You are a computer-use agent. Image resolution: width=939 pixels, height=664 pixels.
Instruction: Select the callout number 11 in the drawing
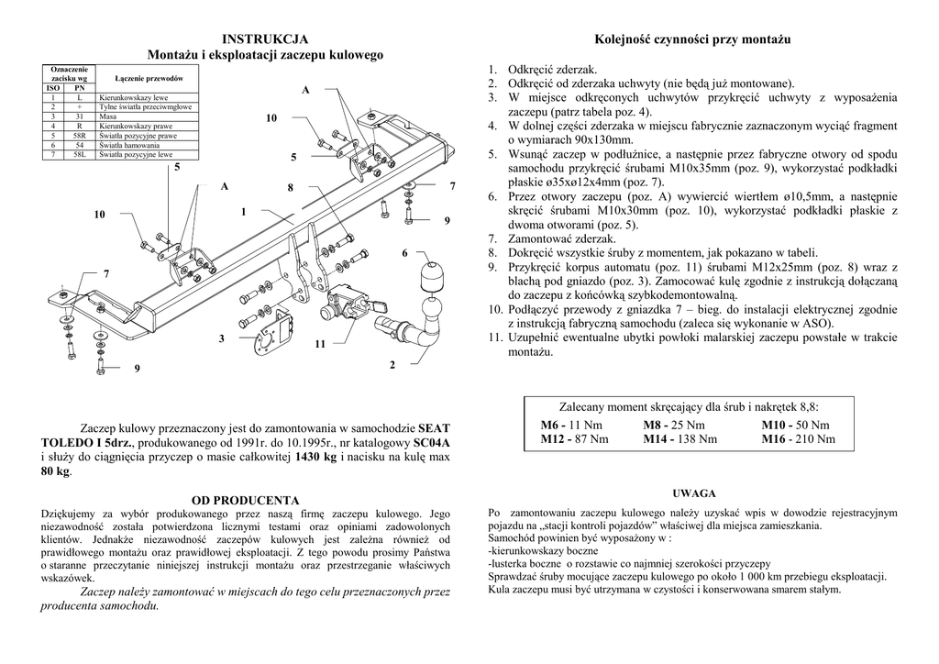click(x=319, y=344)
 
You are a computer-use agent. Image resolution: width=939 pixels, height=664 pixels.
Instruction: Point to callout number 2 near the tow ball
click(x=392, y=366)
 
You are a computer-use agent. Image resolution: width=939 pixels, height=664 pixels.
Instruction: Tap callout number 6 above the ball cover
click(x=403, y=252)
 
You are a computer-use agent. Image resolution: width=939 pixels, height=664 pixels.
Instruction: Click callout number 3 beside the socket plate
click(x=221, y=339)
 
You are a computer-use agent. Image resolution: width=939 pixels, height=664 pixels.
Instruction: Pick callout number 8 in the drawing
click(x=290, y=188)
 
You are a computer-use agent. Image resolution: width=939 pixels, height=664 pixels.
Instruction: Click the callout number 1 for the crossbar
click(x=244, y=212)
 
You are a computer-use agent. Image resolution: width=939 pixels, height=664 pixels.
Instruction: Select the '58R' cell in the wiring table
click(x=80, y=136)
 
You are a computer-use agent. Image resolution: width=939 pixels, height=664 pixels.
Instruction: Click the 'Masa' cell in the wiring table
click(x=106, y=116)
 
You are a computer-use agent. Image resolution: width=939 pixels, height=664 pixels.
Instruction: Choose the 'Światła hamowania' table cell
click(x=129, y=145)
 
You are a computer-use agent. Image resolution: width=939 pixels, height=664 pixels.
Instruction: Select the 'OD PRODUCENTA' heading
click(x=245, y=500)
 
